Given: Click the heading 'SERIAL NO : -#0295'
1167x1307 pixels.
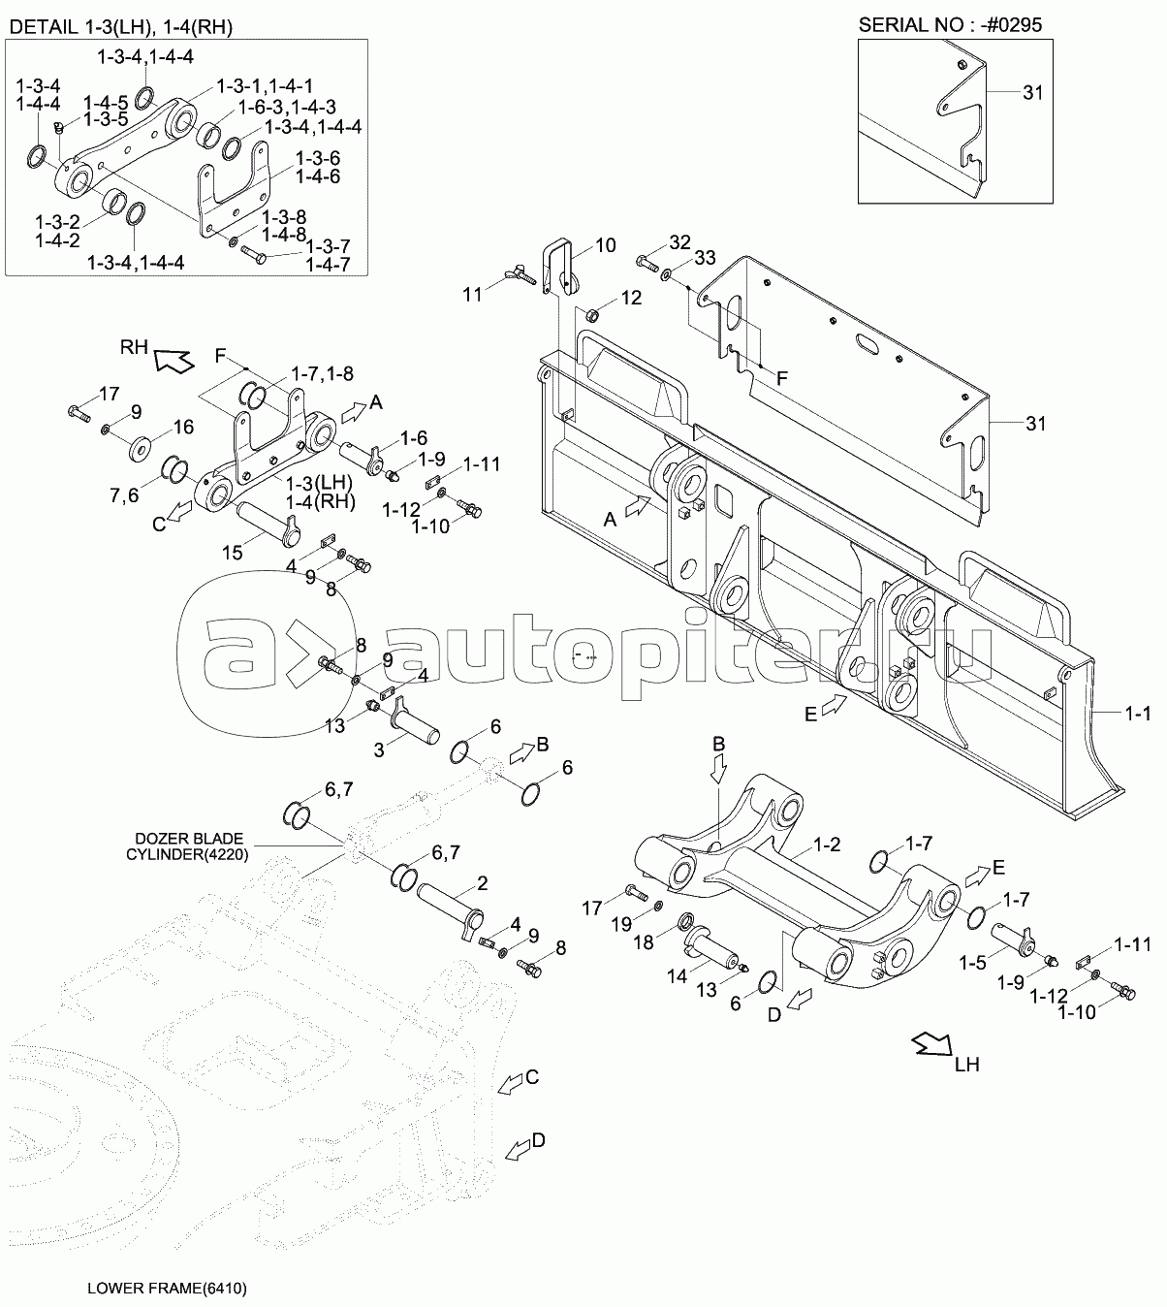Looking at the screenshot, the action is (950, 24).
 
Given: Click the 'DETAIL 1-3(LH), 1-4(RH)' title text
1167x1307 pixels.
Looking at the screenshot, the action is (120, 26).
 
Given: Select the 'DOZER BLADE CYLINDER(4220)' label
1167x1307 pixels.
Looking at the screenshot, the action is (188, 846).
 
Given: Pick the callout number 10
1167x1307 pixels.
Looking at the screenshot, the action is (605, 245).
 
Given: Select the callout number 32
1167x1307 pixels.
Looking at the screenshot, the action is (679, 242).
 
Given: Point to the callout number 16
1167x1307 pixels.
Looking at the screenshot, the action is (184, 427).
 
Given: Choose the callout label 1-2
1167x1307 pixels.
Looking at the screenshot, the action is (828, 845).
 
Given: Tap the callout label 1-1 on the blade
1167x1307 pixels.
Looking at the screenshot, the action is (1138, 713).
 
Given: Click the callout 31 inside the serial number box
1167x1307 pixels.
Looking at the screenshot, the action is (1033, 93).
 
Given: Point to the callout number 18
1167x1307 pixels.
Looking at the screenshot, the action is (644, 942).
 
